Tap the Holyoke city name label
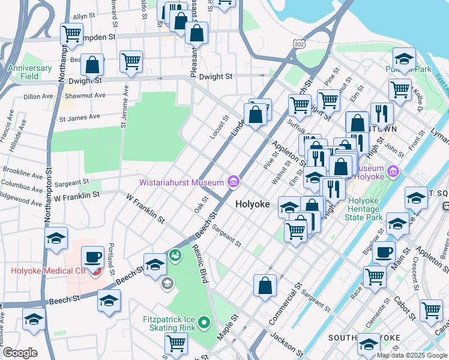[x=252, y=204]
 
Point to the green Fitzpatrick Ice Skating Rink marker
[x=204, y=323]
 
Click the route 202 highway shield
[x=298, y=43]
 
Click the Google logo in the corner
[x=20, y=353]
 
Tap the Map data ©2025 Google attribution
[x=412, y=355]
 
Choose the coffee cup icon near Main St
[x=384, y=252]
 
